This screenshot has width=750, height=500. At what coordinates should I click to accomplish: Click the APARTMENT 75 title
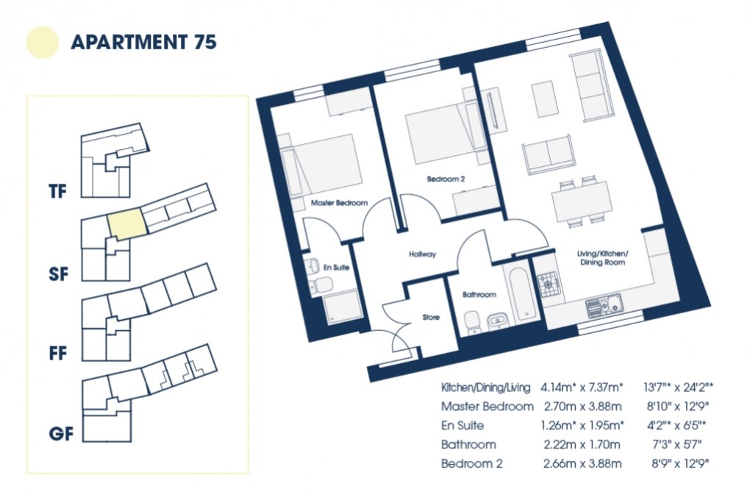pos(143,42)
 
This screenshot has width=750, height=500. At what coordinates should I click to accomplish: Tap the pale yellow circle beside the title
pos(42,42)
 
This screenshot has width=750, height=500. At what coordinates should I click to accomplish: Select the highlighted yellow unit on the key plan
pos(126,224)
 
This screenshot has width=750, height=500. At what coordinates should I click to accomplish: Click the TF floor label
pos(57,193)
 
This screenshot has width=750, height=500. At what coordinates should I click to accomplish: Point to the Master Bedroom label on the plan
pos(339,202)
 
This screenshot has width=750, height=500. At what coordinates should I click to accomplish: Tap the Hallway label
pos(423,254)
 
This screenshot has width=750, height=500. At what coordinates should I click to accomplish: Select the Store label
pos(431,318)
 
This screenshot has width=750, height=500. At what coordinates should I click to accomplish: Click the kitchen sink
pos(604,302)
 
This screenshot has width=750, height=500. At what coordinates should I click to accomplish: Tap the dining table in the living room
pos(582,199)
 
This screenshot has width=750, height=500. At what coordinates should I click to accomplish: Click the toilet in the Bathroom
pos(474,321)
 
